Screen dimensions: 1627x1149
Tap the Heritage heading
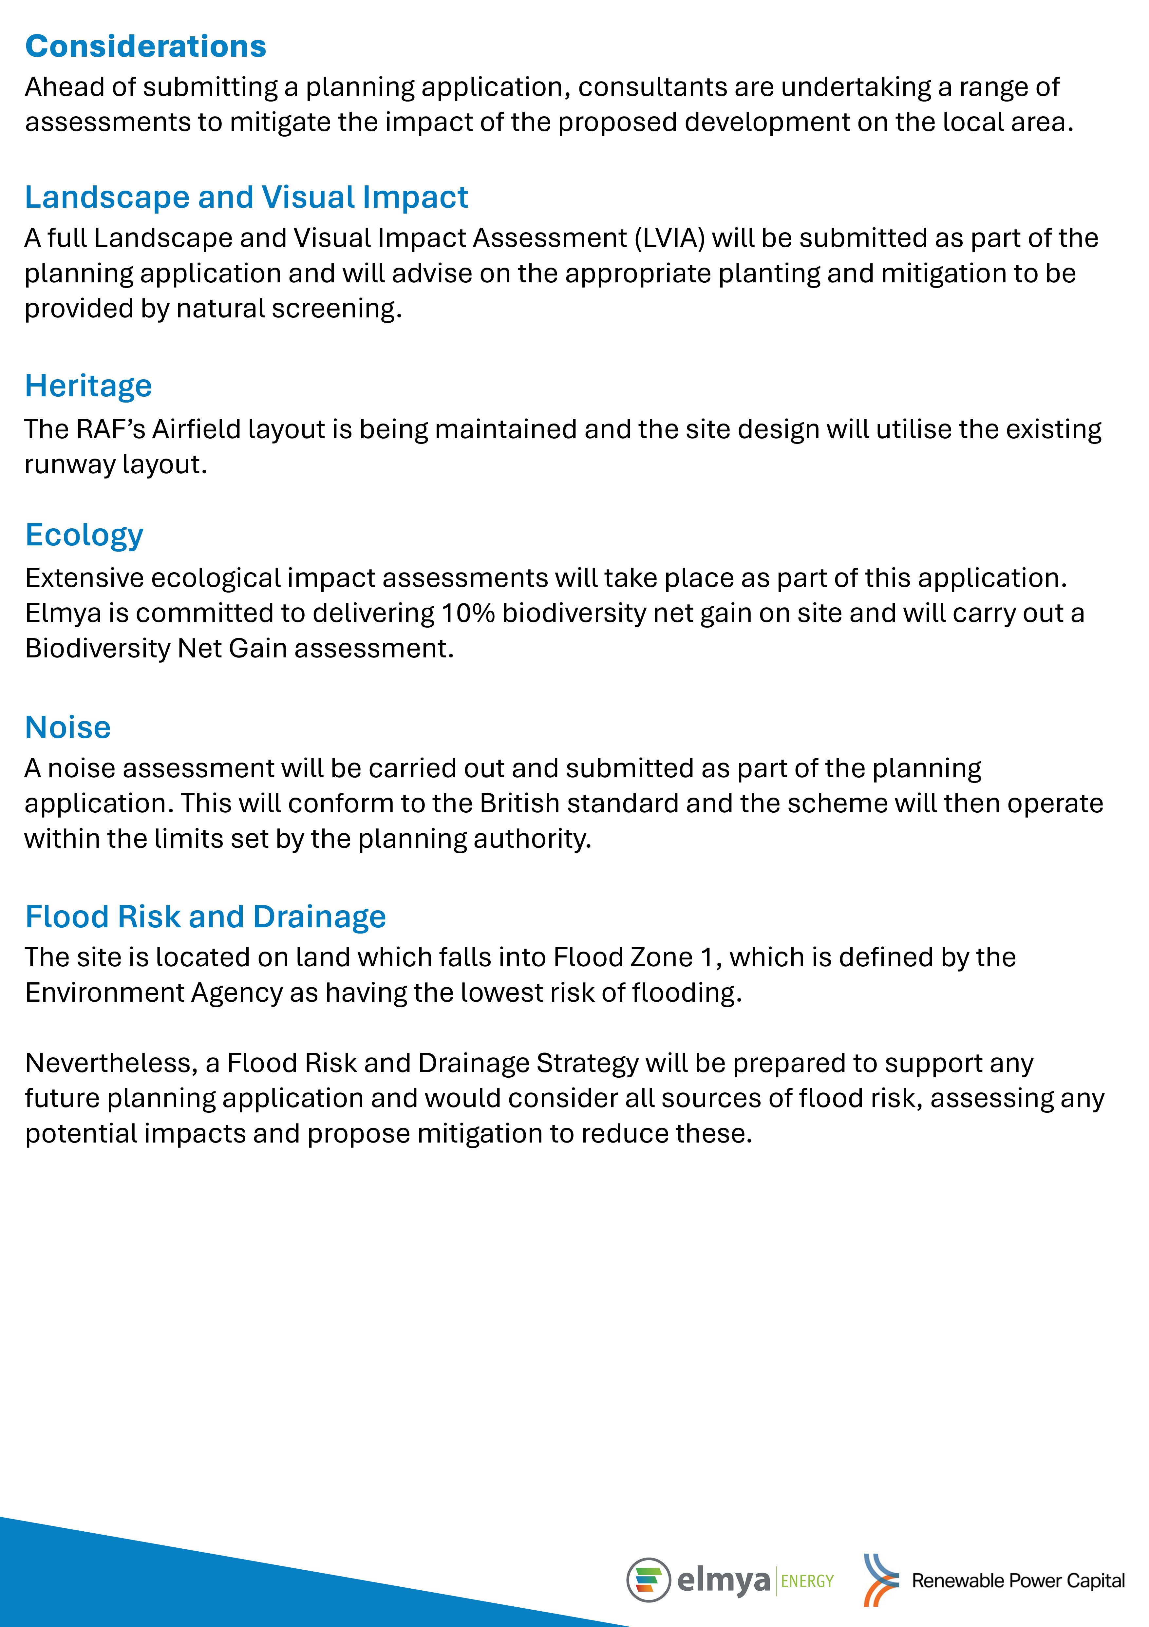point(88,386)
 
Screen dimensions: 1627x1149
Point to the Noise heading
point(68,728)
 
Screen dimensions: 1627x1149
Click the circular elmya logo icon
point(648,1580)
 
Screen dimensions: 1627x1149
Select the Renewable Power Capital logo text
point(1018,1581)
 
